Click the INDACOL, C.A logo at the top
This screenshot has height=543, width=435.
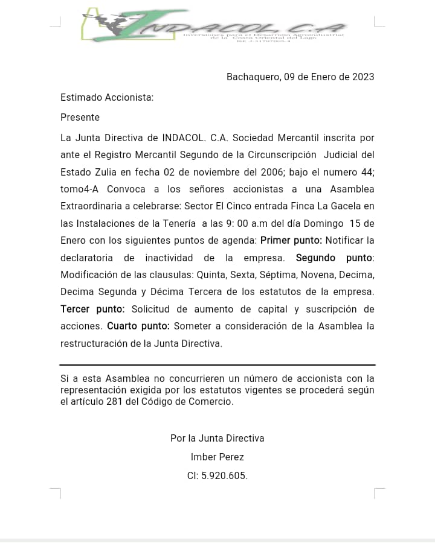[214, 25]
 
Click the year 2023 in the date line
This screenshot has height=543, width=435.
[363, 77]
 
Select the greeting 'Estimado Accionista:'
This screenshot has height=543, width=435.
[107, 97]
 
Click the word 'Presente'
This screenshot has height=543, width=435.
[80, 117]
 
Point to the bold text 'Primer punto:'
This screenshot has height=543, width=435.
[291, 240]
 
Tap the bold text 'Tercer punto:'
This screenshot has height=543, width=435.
[92, 309]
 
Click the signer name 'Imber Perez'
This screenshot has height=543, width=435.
[217, 457]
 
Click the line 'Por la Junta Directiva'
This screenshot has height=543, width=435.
[217, 438]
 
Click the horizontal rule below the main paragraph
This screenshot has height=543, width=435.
[217, 365]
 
